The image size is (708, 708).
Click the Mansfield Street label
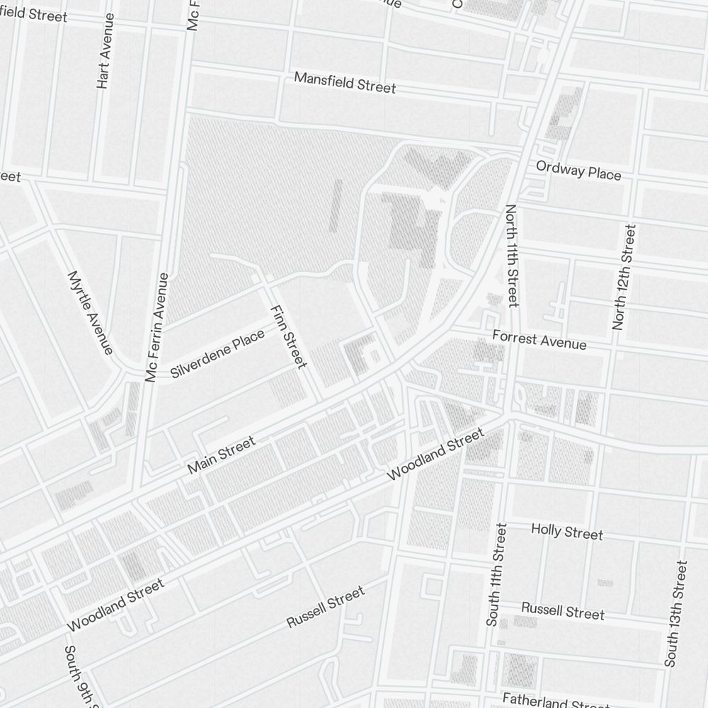[x=345, y=83]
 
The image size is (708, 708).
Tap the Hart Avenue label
[x=104, y=60]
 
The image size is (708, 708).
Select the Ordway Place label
[x=578, y=171]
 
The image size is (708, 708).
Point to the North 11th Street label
[x=512, y=256]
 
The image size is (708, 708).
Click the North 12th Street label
[x=624, y=277]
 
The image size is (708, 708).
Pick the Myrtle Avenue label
[x=90, y=312]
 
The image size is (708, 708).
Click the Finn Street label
[x=288, y=336]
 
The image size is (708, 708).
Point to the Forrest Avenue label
[x=539, y=339]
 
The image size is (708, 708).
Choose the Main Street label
[x=221, y=455]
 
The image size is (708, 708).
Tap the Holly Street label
[x=567, y=531]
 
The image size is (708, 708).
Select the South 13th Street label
[x=675, y=613]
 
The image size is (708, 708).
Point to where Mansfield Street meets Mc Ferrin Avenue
[x=190, y=69]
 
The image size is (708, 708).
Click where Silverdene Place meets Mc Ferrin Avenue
[x=149, y=372]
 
